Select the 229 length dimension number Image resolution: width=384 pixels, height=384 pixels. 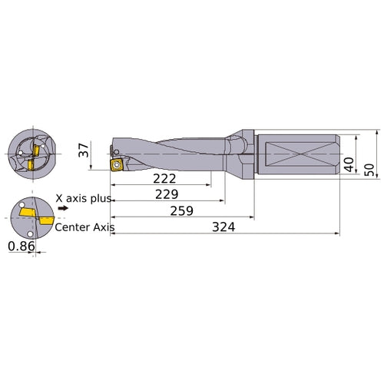[x=167, y=194]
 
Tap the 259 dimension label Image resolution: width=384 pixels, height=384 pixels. [x=181, y=210]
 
